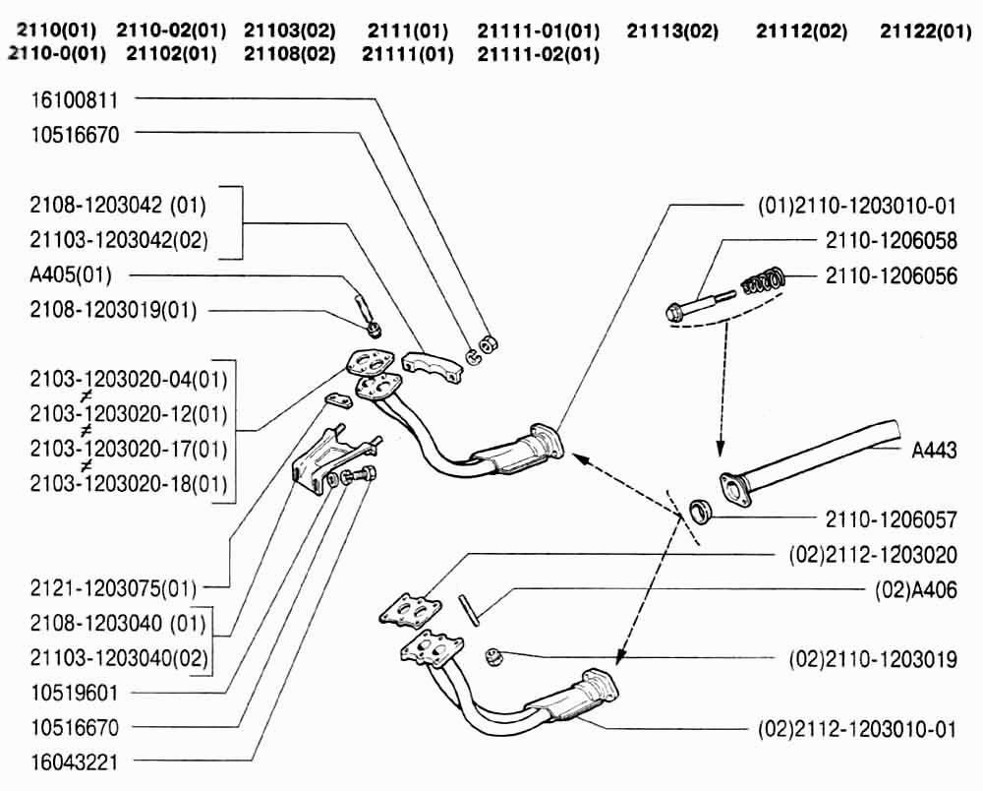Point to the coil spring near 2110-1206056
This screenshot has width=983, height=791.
[762, 282]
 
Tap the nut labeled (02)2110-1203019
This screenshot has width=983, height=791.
[494, 656]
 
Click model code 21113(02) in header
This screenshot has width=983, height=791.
[672, 31]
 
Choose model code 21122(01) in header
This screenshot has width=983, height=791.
[925, 31]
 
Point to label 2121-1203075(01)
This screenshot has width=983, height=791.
[113, 589]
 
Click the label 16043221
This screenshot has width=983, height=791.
[75, 761]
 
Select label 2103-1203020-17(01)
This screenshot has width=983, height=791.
[129, 449]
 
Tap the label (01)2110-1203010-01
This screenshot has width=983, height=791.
[857, 206]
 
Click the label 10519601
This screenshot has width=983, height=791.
[75, 693]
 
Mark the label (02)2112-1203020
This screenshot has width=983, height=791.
[872, 555]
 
